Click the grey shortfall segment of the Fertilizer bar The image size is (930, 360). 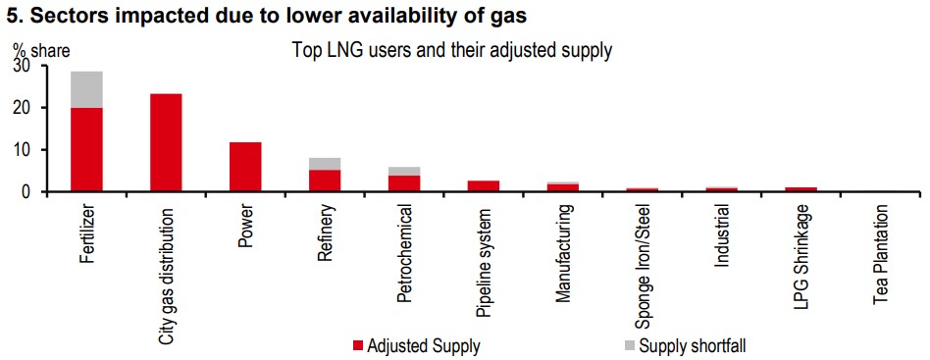(x=86, y=89)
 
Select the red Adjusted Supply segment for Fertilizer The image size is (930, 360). (x=86, y=150)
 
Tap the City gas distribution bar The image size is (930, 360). (x=166, y=143)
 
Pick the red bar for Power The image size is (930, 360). (x=245, y=168)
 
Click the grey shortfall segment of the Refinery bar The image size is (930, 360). (x=325, y=164)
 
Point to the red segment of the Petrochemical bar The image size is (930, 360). (x=404, y=183)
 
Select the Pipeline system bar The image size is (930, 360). (x=484, y=186)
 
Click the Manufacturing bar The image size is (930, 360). (x=563, y=186)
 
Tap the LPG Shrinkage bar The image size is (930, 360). (x=801, y=189)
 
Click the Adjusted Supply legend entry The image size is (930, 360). (x=416, y=345)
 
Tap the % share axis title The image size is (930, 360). (x=37, y=52)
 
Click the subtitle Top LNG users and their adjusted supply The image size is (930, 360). (x=451, y=51)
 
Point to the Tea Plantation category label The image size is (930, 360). (x=881, y=255)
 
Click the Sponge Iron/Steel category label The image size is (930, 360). (x=643, y=267)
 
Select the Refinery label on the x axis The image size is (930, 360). (x=325, y=232)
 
